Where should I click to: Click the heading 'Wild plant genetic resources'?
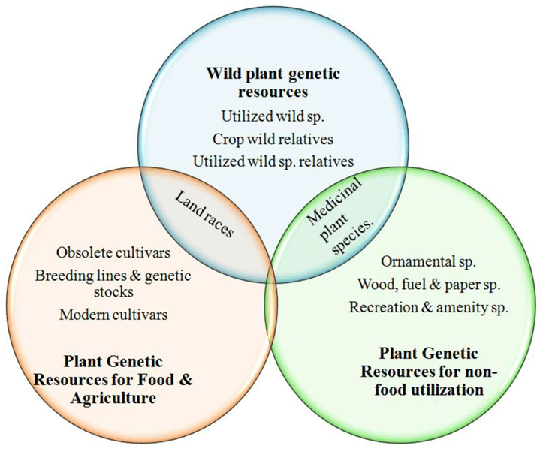pos(273,83)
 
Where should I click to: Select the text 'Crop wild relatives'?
pos(273,139)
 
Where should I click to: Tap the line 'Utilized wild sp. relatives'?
pos(273,161)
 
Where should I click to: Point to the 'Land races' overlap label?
pos(204,215)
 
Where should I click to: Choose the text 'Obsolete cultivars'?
pos(113,252)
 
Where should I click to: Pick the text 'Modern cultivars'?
pos(113,315)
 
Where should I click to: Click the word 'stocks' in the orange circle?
pos(113,292)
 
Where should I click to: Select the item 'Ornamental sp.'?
pos(429,261)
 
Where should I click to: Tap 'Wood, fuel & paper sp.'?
pos(429,285)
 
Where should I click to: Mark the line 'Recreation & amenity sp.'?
pos(429,307)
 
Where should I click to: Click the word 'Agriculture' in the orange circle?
pos(113,398)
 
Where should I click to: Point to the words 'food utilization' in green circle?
pos(429,390)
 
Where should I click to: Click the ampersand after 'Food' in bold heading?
pos(186,380)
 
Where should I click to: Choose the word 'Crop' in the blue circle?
pos(226,139)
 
